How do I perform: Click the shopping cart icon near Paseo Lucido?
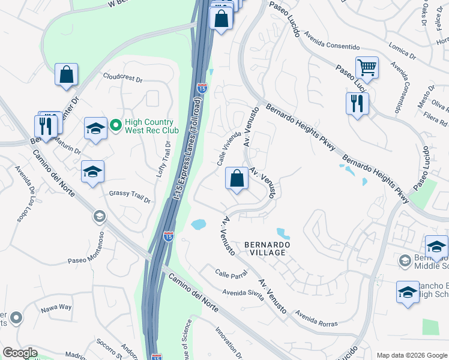[x=367, y=67]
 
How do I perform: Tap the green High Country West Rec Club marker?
[x=115, y=125]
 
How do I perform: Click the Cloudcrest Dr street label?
[x=122, y=79]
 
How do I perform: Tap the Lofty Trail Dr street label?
[x=164, y=158]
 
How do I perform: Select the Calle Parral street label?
[x=231, y=274]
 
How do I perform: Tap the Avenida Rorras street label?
[x=316, y=318]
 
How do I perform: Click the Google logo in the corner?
[x=19, y=353]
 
